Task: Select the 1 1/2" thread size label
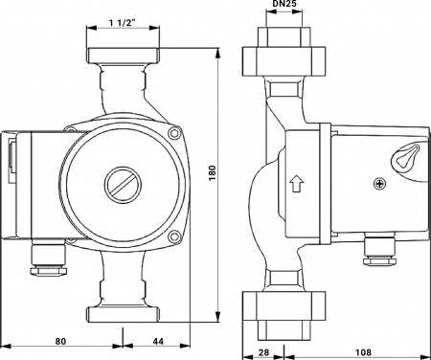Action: [123, 23]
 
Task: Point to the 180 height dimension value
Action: [213, 173]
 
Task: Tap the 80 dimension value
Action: [60, 342]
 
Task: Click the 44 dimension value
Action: [158, 342]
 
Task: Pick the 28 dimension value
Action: [263, 352]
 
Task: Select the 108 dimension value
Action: [363, 352]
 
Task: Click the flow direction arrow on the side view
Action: [297, 184]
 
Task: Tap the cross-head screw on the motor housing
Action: [379, 184]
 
